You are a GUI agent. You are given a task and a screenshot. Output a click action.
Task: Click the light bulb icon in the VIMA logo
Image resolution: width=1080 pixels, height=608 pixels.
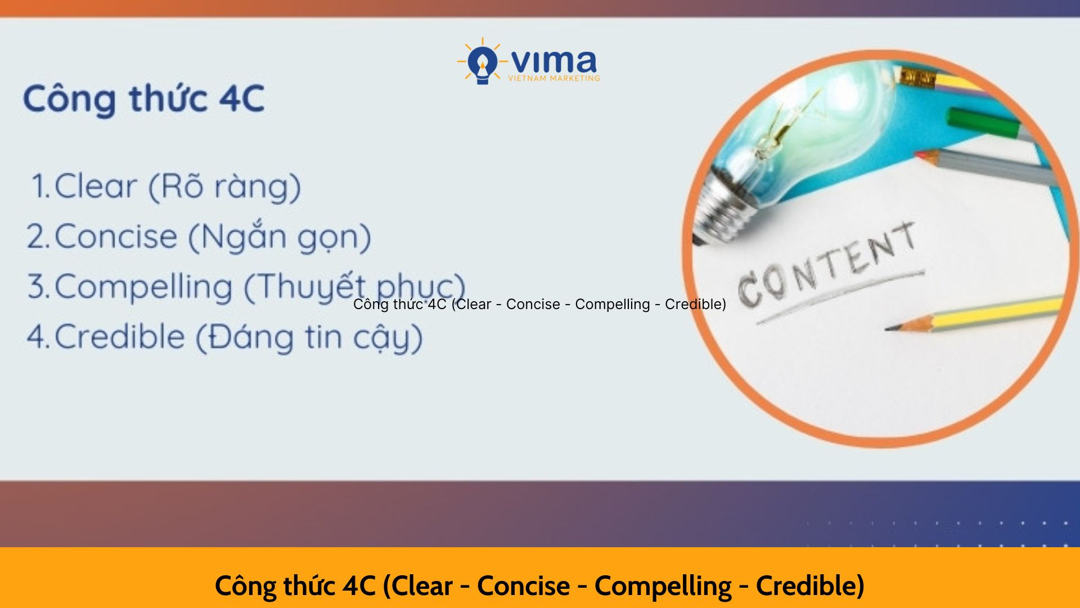[x=482, y=61]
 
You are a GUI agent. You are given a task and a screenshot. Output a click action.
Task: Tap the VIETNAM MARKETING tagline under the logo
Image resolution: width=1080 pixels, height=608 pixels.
[x=554, y=78]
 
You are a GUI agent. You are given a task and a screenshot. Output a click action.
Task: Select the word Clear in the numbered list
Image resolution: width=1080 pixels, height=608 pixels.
[x=96, y=186]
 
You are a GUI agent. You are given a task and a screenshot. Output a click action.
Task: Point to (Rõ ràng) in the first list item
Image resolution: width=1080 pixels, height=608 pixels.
[x=224, y=187]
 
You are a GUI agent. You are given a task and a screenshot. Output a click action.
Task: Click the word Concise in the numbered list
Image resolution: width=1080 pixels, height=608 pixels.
[x=116, y=236]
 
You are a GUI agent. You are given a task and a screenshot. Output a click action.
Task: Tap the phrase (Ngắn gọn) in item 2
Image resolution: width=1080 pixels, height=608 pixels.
[x=279, y=236]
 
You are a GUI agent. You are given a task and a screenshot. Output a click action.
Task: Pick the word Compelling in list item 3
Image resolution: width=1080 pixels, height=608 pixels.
[x=143, y=287]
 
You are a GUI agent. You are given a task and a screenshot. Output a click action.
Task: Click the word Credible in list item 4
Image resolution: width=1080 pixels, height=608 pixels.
[x=120, y=337]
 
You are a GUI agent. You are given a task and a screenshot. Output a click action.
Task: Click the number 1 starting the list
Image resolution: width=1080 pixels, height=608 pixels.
[x=39, y=186]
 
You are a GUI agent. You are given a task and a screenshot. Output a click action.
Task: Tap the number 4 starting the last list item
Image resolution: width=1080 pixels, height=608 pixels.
[x=37, y=337]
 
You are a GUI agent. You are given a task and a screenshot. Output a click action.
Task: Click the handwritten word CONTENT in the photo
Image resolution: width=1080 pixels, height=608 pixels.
[x=827, y=265]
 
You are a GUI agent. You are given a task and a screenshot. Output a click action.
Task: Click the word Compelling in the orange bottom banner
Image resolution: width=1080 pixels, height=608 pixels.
[x=663, y=587]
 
